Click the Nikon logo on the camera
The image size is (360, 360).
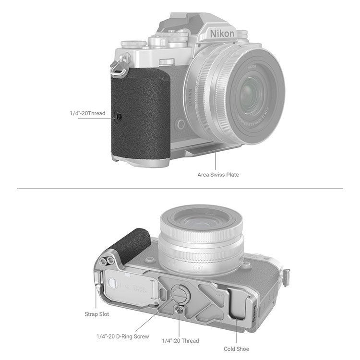point(222,33)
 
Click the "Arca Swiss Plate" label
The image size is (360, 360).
point(218,175)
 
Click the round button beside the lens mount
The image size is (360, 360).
point(181,124)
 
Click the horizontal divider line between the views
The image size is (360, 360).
point(180,189)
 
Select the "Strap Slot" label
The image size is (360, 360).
point(96,314)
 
